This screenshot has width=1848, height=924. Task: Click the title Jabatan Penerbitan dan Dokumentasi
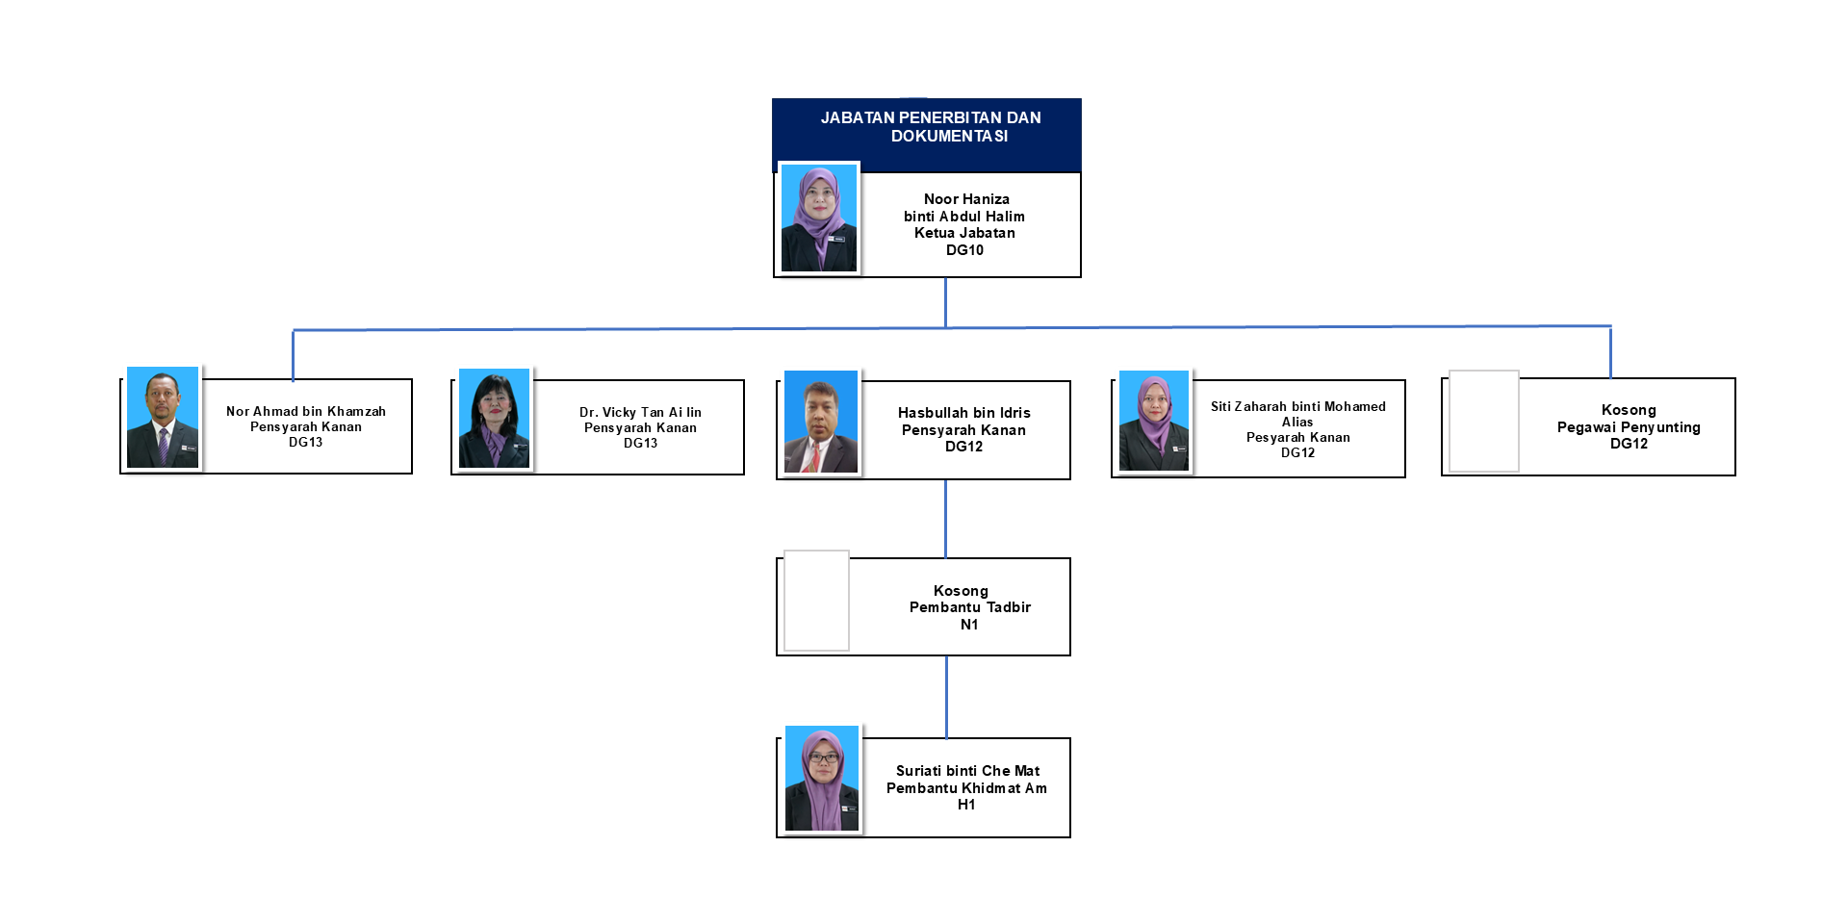point(930,127)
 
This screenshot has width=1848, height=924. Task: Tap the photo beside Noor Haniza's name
point(819,218)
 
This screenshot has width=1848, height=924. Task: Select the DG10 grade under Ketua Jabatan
point(964,250)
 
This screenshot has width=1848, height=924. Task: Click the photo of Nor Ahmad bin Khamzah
point(163,418)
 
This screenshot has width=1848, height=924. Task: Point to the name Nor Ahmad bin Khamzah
point(306,411)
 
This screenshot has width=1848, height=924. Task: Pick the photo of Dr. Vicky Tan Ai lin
point(494,419)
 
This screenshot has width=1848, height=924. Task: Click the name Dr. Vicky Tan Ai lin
point(640,412)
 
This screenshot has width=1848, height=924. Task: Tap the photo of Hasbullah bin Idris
point(821,422)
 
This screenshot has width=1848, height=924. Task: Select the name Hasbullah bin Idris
point(963,413)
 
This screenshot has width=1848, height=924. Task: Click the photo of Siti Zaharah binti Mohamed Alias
point(1154,422)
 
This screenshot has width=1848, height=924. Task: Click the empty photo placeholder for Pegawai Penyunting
point(1484,421)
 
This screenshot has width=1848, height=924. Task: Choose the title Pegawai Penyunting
point(1629,427)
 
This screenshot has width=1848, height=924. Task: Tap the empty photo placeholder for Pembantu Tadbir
point(816,601)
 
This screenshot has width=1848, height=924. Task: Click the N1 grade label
point(969,625)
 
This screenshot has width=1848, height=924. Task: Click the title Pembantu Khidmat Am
point(966,788)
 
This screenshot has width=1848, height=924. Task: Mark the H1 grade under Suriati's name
point(966,805)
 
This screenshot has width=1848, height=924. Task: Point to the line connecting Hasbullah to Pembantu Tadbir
point(945,519)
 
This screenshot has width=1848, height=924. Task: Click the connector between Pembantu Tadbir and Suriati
point(946,697)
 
